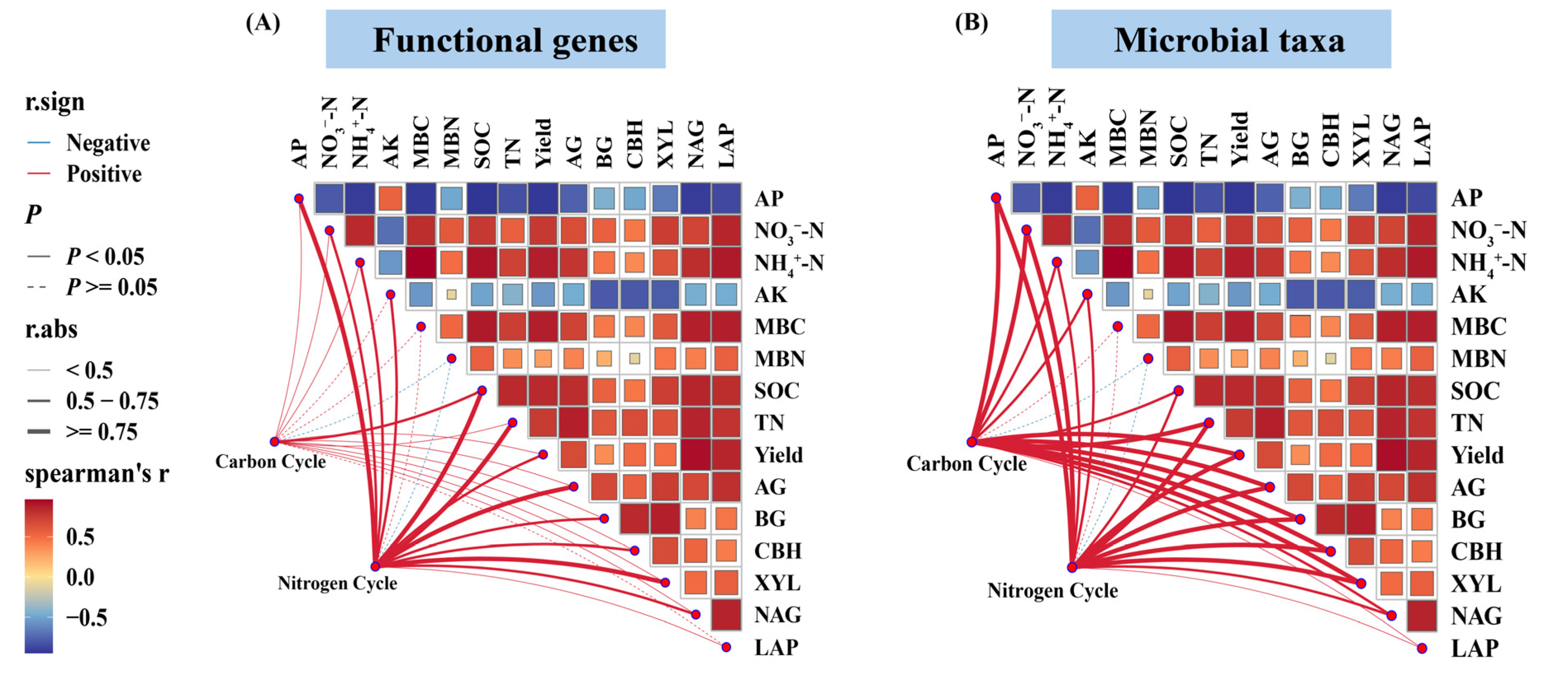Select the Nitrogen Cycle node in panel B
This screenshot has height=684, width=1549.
tap(1071, 567)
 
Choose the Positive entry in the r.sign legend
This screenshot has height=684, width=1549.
tap(104, 175)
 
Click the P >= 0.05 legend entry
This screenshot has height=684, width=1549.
tap(111, 287)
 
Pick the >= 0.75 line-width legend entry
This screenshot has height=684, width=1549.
tap(101, 432)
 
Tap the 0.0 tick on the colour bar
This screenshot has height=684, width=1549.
tap(80, 577)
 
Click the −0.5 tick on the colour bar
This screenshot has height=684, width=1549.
tap(86, 617)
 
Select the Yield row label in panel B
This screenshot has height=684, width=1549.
tap(1477, 455)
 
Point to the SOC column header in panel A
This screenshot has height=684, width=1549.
tap(482, 146)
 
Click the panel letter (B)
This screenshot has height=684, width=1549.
tap(971, 22)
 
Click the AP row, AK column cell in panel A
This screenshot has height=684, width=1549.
tap(390, 198)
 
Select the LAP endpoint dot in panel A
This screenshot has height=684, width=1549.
tap(726, 647)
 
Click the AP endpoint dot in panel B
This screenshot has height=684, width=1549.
tap(996, 198)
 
